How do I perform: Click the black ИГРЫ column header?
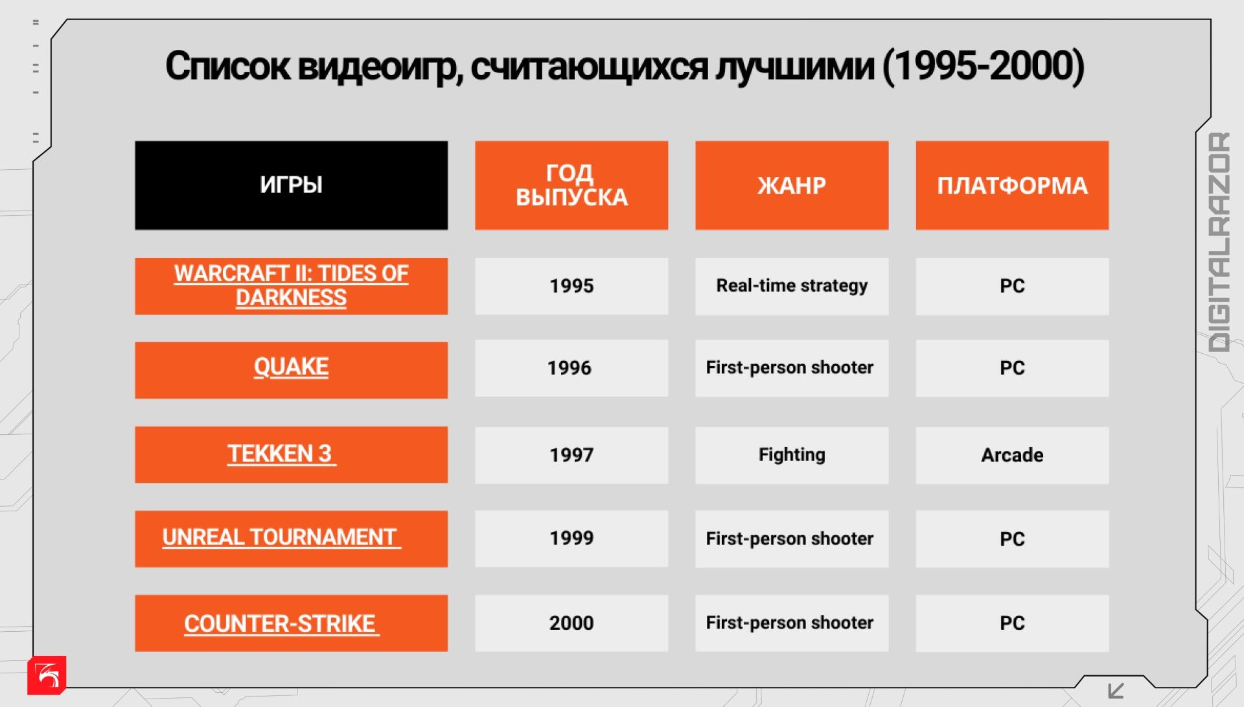(291, 185)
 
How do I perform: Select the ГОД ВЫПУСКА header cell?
(571, 185)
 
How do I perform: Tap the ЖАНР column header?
(792, 185)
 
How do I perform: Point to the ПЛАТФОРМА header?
(1012, 185)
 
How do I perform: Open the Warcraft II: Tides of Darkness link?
(291, 285)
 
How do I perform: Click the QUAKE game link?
(291, 367)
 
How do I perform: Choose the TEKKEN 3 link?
(282, 454)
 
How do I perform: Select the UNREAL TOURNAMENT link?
(281, 537)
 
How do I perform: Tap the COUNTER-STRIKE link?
(281, 623)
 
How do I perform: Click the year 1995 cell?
(571, 286)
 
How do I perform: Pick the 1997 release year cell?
(571, 455)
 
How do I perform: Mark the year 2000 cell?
(571, 623)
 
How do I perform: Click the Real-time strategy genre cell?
(792, 286)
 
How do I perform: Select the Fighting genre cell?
(792, 455)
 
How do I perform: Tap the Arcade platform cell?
(1012, 455)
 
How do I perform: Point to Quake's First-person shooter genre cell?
(792, 368)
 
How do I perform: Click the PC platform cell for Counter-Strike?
(1012, 623)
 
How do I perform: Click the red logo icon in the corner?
(47, 675)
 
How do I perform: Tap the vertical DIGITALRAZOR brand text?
(1219, 242)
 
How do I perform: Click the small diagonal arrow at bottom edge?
(1116, 691)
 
